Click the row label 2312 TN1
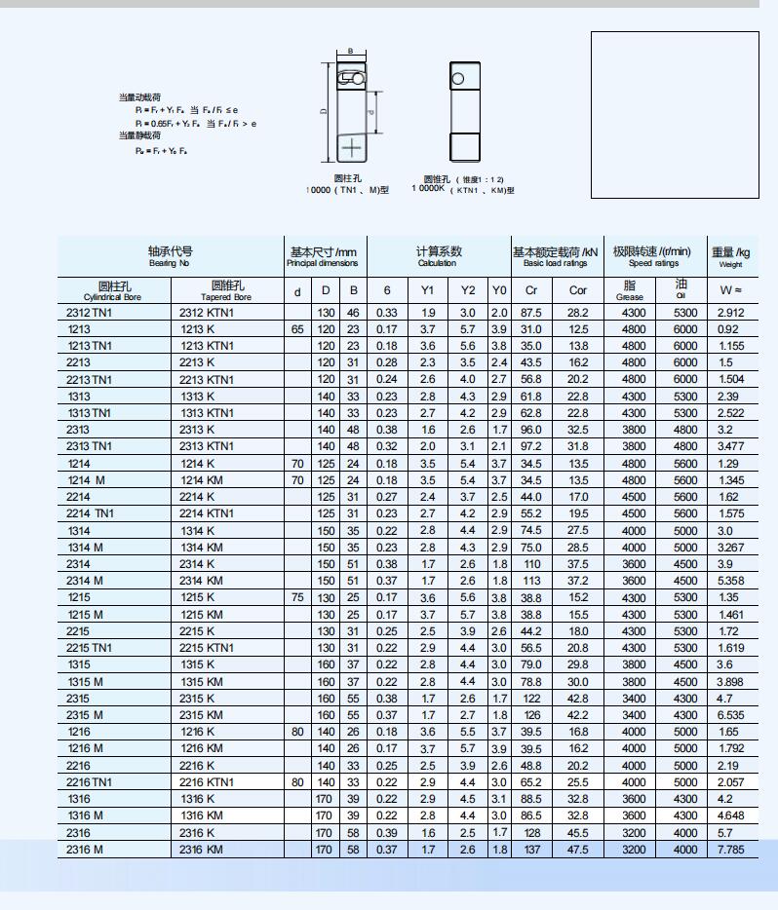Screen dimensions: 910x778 (x=90, y=313)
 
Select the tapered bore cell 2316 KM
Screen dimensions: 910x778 (x=202, y=850)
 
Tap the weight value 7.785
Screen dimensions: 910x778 (x=730, y=850)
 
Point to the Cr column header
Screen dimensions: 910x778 (x=531, y=290)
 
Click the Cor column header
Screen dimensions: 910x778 (x=578, y=290)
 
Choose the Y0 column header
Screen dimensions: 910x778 (x=499, y=290)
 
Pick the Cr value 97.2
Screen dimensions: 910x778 (x=531, y=446)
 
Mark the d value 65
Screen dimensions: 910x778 (x=297, y=329)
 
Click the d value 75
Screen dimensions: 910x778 (x=297, y=597)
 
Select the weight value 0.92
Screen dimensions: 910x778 (x=728, y=329)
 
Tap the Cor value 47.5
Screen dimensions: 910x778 (x=578, y=850)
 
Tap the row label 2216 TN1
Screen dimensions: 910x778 (x=90, y=782)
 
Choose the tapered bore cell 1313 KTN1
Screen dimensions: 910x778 (x=207, y=413)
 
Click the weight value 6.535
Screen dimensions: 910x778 (x=730, y=715)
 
